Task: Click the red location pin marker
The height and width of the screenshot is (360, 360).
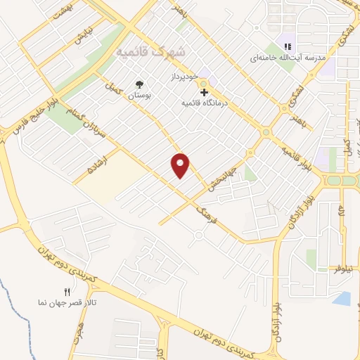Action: (x=181, y=165)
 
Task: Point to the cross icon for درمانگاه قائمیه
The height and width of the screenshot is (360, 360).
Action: (x=204, y=91)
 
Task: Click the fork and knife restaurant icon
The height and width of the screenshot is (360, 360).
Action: (x=67, y=292)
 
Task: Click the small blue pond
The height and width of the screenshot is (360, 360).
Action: (x=342, y=298)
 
